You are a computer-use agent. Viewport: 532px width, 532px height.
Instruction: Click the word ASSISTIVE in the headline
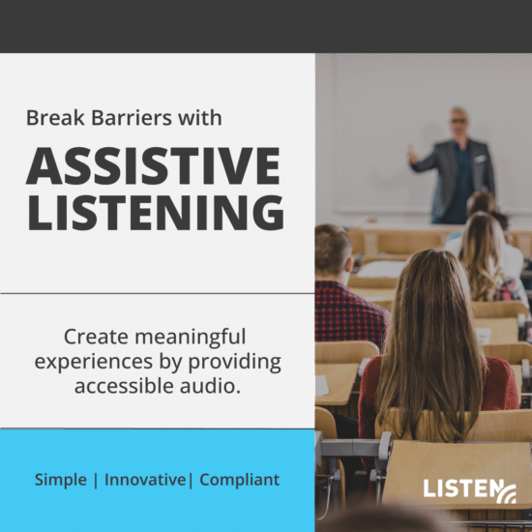click(x=153, y=167)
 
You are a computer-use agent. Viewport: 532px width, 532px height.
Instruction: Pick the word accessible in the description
click(x=113, y=384)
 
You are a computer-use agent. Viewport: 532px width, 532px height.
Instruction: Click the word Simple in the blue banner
click(x=61, y=480)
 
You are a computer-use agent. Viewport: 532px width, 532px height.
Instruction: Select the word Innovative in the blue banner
click(x=146, y=480)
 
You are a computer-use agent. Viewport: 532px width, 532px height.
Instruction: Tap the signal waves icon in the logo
click(x=507, y=494)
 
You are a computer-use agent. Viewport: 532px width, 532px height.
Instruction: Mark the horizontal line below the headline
click(x=157, y=293)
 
